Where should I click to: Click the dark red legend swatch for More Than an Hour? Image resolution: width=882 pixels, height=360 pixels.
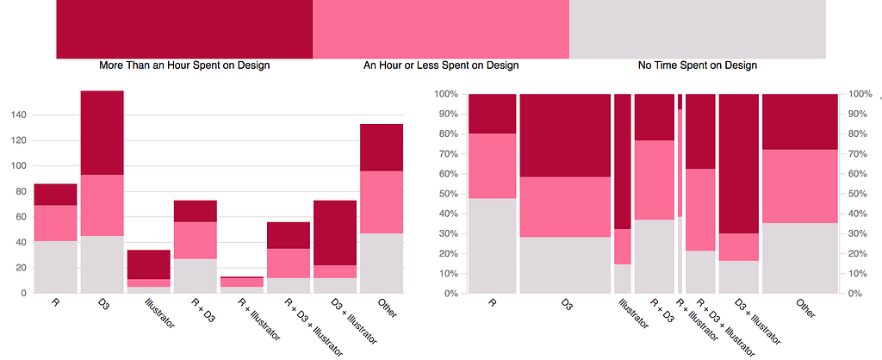point(184,28)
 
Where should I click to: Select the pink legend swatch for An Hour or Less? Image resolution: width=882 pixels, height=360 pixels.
point(441,28)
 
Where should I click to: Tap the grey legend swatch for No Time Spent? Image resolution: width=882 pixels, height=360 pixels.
point(698,28)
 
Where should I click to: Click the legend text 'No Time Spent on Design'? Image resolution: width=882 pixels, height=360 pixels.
point(698,65)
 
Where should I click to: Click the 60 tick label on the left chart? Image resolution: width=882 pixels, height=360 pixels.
point(21,216)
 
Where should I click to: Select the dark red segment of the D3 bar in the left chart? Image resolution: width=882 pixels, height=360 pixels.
point(102,133)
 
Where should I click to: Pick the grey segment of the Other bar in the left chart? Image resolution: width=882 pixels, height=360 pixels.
point(382,264)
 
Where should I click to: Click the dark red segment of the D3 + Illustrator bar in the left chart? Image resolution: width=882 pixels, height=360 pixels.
point(335,233)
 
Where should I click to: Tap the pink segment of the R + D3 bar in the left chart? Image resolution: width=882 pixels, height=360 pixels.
point(196,240)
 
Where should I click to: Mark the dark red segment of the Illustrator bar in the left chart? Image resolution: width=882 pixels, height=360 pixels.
point(148,264)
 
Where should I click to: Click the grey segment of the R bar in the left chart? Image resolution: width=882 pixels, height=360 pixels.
point(55,267)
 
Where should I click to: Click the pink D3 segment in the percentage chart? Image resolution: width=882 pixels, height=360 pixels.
point(565,207)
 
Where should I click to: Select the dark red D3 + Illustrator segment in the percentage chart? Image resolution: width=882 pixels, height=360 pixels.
point(739,164)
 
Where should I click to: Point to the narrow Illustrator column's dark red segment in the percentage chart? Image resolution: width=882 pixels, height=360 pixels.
point(622,161)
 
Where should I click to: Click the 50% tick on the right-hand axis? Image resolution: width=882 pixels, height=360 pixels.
point(858,194)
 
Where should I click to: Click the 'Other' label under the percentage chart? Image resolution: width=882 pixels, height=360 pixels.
point(805,308)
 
